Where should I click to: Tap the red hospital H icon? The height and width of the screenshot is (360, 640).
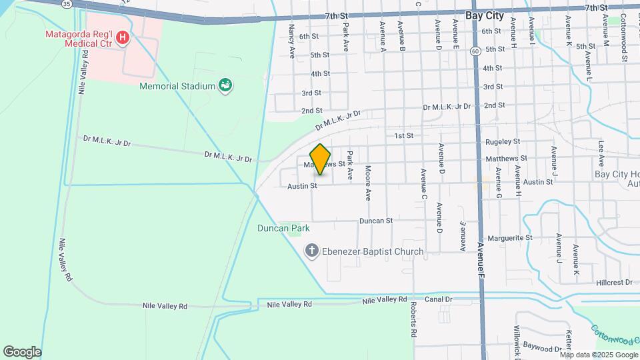(122, 38)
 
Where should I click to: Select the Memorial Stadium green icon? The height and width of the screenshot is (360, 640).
(226, 85)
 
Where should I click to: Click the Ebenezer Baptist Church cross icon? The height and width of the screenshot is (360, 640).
(311, 251)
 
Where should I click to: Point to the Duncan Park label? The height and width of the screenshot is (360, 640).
(284, 228)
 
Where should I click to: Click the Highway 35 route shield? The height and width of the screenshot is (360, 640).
(66, 4)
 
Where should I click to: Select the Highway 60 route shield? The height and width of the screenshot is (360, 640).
(474, 51)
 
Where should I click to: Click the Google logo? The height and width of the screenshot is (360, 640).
(22, 351)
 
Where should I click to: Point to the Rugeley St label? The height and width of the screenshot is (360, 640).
(503, 141)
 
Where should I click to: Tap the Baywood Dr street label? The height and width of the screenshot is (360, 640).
(542, 348)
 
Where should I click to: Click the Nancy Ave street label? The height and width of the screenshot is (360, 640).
(291, 41)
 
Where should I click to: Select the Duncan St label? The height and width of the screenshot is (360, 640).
(377, 219)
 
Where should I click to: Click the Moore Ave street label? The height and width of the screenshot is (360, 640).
(367, 183)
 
